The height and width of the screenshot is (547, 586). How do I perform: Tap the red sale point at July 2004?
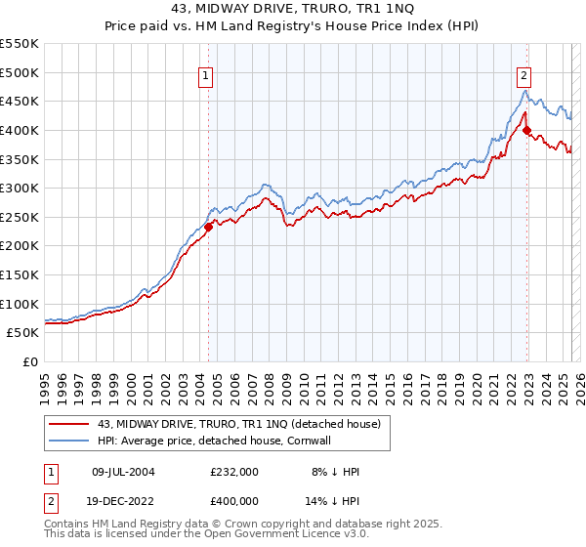tap(208, 227)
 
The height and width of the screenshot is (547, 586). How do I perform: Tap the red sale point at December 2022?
tap(526, 130)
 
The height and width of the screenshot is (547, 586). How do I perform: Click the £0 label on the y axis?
tap(29, 361)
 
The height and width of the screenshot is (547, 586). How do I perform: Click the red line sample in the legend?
tap(70, 423)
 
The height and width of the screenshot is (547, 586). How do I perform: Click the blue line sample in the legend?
tap(70, 441)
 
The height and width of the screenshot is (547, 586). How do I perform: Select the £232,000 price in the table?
tap(234, 472)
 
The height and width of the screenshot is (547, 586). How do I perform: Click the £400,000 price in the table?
tap(234, 499)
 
